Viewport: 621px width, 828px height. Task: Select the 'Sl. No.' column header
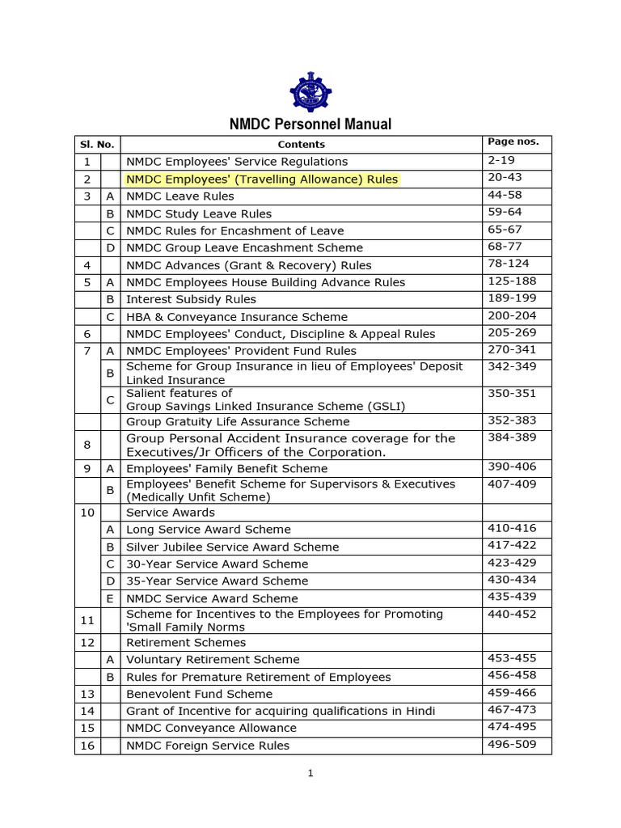click(97, 145)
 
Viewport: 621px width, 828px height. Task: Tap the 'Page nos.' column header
click(513, 142)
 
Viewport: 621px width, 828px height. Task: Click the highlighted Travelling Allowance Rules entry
click(262, 179)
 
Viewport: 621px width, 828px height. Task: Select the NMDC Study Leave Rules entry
click(199, 213)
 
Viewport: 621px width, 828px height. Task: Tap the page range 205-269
click(512, 332)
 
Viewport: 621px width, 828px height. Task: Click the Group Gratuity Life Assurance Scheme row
click(238, 421)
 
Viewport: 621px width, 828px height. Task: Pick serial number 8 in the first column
click(87, 445)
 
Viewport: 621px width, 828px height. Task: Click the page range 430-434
click(512, 580)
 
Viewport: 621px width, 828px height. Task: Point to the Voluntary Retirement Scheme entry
click(213, 660)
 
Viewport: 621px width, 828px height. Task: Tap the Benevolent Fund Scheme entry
click(199, 694)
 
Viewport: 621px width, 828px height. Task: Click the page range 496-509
click(512, 744)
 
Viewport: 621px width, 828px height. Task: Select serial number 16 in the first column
click(87, 746)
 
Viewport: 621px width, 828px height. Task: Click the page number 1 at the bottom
click(310, 773)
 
